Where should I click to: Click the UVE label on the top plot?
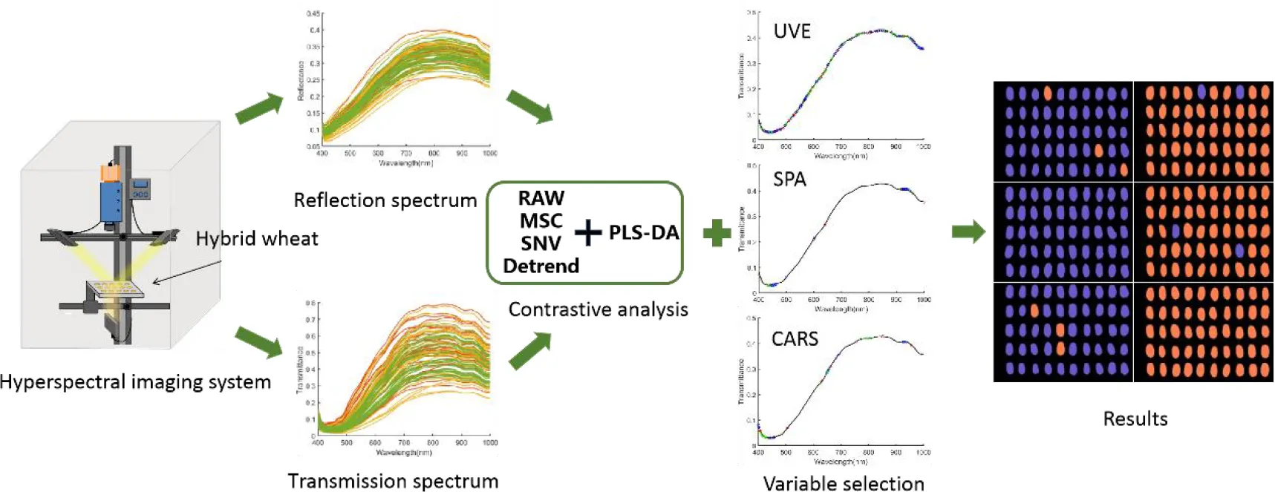coord(792,31)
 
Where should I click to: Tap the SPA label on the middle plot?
coord(789,180)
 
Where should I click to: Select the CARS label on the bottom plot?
coord(795,339)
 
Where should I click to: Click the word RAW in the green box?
coord(541,198)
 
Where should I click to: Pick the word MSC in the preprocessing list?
coord(541,220)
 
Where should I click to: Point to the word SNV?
coord(541,243)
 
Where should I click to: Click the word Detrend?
coord(541,266)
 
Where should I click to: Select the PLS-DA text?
coord(644,233)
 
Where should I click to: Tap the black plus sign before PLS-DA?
coord(587,233)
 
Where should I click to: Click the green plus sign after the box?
coord(717,233)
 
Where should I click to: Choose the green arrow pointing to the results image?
coord(968,232)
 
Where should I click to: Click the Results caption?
coord(1135,419)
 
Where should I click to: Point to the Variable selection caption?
coord(844,483)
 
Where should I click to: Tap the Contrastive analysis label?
coord(598,309)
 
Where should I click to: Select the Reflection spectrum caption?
coord(385,200)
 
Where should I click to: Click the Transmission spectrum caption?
coord(393,481)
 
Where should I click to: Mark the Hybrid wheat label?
coord(257,239)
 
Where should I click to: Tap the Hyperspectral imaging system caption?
coord(135,382)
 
